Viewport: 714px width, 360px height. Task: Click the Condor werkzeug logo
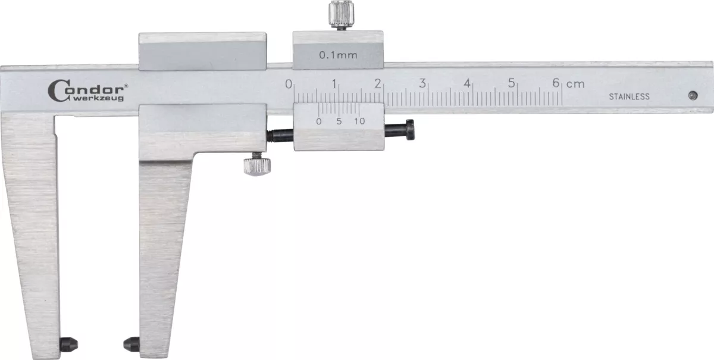coord(87,91)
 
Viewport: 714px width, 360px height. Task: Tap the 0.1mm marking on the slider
coord(338,55)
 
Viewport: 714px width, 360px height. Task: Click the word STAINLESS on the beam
coord(630,96)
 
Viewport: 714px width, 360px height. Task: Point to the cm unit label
coord(575,84)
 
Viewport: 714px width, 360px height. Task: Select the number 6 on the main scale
coord(556,83)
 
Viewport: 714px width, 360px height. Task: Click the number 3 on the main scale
coord(422,83)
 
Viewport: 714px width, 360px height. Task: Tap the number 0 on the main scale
coord(289,84)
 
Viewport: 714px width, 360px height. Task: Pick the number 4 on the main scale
coord(467,83)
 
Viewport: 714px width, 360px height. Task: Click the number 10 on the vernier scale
coord(359,121)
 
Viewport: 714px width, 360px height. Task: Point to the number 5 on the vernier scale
coord(339,121)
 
